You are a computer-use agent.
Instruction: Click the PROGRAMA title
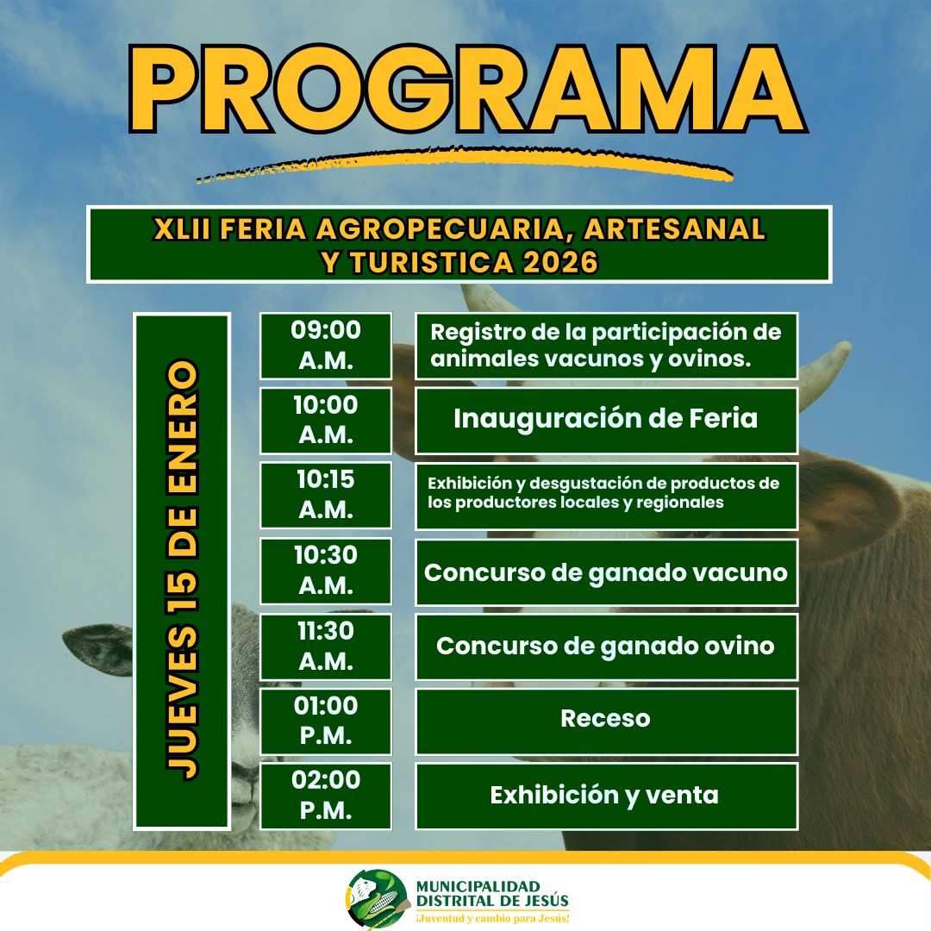pos(467,90)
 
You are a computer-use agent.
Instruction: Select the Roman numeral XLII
pos(182,229)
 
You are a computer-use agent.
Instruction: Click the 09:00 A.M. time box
pos(326,346)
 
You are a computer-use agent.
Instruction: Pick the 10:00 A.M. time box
pos(326,421)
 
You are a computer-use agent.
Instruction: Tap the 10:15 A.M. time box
pos(326,495)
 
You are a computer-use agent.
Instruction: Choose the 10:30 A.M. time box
pos(326,571)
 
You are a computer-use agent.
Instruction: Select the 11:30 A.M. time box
pos(326,646)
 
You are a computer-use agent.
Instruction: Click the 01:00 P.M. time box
pos(326,721)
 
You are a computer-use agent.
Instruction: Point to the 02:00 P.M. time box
pos(326,796)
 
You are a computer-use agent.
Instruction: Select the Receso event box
pos(606,721)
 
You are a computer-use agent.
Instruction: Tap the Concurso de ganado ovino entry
pos(606,646)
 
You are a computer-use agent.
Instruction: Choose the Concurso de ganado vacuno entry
pos(606,572)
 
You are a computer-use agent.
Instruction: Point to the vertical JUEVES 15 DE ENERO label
pos(182,570)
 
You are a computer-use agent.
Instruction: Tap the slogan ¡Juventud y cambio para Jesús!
pos(493,919)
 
